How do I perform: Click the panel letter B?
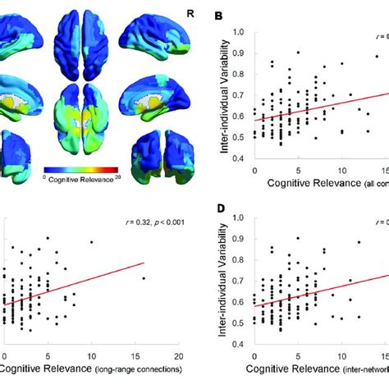click(217, 16)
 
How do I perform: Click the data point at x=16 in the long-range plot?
click(143, 278)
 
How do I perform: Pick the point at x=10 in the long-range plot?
click(91, 242)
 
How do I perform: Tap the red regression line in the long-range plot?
click(82, 286)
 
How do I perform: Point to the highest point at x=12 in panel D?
click(359, 242)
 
